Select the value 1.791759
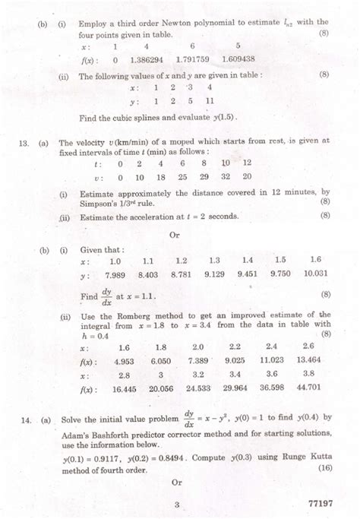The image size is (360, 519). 192,59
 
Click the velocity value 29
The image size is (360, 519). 204,176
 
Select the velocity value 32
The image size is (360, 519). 226,176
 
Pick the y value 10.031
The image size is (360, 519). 315,274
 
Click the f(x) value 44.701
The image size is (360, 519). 308,388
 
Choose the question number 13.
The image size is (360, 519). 24,142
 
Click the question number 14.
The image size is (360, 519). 24,419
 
